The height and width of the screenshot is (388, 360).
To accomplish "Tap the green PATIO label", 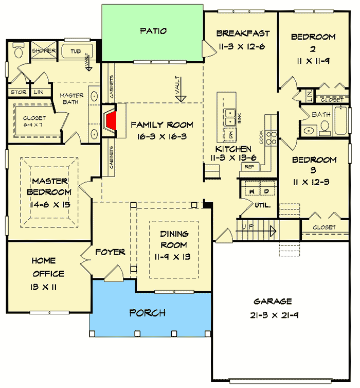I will (153, 31).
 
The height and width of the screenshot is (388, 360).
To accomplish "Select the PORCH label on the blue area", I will (147, 313).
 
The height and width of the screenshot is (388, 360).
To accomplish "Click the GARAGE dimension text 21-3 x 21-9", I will (273, 315).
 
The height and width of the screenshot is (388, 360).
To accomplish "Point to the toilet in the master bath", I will (19, 52).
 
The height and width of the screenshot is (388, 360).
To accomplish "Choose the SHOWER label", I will (44, 51).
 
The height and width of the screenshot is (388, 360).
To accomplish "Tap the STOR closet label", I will (16, 93).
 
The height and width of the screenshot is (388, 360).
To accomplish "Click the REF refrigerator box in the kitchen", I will (249, 167).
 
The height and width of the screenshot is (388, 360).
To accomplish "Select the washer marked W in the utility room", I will (253, 191).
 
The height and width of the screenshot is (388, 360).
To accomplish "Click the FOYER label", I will (110, 252).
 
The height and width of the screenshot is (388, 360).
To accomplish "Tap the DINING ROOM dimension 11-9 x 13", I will (173, 256).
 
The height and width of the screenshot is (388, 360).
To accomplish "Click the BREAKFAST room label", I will (243, 34).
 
